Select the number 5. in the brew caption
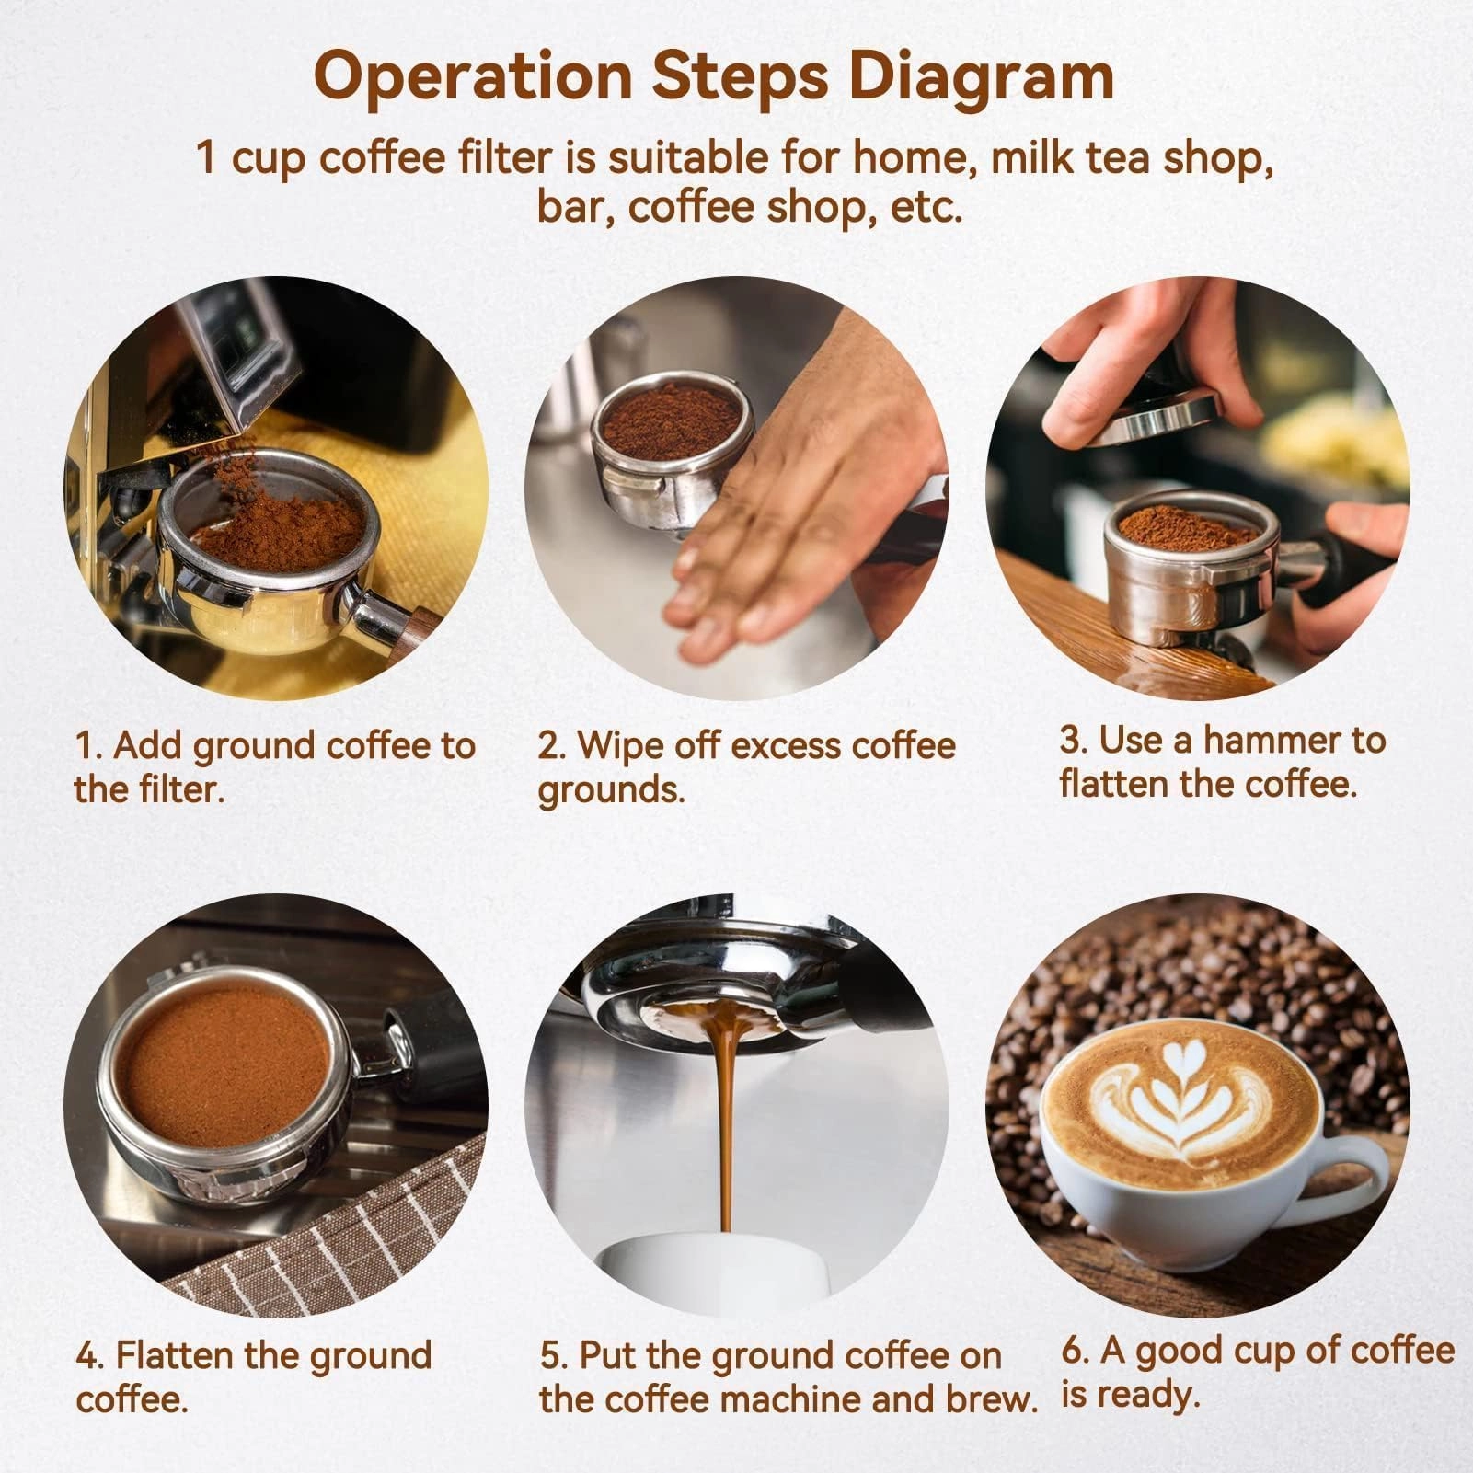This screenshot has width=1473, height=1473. (x=555, y=1356)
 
